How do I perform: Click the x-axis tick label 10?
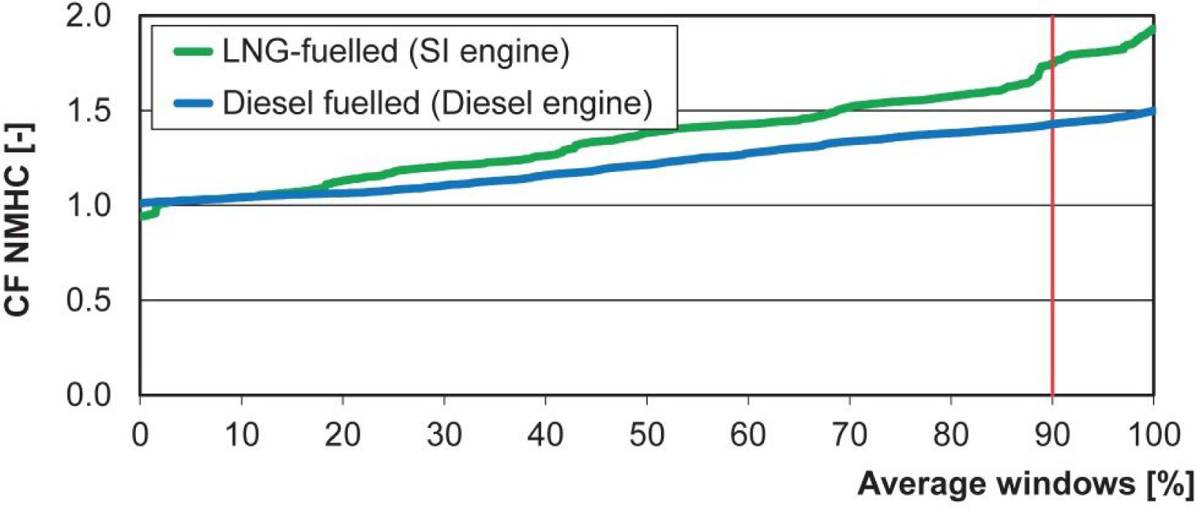(241, 435)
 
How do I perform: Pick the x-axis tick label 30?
(444, 435)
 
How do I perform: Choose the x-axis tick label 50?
(646, 435)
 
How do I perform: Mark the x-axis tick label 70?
(849, 435)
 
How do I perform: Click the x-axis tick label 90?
(1051, 435)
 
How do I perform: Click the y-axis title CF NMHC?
(18, 220)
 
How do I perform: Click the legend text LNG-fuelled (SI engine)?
(395, 52)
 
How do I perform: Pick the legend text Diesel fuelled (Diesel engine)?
(436, 103)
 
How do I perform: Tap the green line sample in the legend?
(193, 52)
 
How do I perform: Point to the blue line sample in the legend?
(193, 103)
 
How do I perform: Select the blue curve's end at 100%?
(1152, 111)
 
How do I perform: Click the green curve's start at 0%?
(142, 216)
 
